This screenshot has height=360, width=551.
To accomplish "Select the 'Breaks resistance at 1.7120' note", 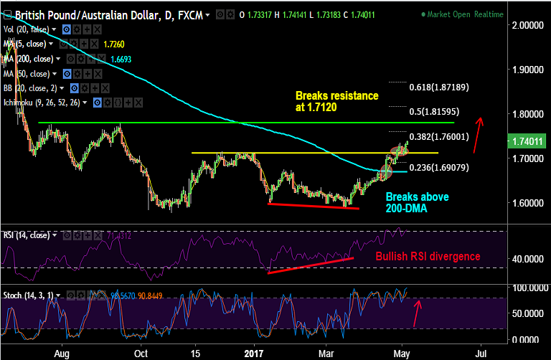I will point(336,100).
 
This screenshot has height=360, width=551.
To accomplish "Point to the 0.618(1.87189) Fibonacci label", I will point(438,87).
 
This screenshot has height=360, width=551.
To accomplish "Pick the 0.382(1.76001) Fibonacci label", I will point(438,136).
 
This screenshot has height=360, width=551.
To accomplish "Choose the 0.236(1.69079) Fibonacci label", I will point(438,168).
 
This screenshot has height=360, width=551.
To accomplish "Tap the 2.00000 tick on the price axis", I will point(525,25).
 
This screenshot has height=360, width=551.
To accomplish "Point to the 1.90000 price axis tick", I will point(525,70).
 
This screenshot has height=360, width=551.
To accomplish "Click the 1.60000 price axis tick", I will point(525,203).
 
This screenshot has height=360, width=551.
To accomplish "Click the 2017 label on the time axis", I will point(254,354).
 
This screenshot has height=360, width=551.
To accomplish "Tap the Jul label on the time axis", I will point(482,354).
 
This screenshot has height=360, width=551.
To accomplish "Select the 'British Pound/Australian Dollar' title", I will point(85,15).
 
